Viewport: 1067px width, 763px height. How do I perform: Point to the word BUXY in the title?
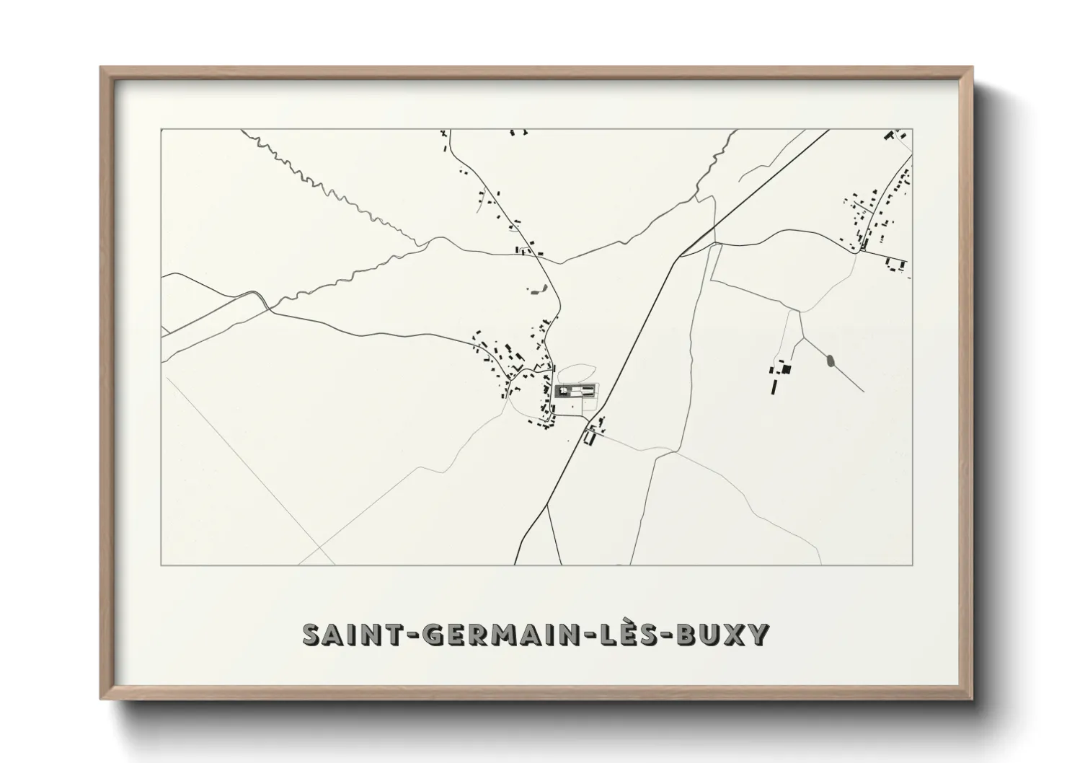tap(726, 635)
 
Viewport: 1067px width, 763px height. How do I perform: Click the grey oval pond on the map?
tap(830, 359)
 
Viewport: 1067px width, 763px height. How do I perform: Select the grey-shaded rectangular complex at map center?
tap(576, 392)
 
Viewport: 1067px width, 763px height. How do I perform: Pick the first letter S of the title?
tap(310, 635)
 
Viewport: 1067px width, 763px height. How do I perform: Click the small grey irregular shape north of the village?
tap(535, 291)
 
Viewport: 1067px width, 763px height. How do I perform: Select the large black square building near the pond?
tap(787, 369)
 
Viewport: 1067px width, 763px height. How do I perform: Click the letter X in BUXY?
tap(737, 635)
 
